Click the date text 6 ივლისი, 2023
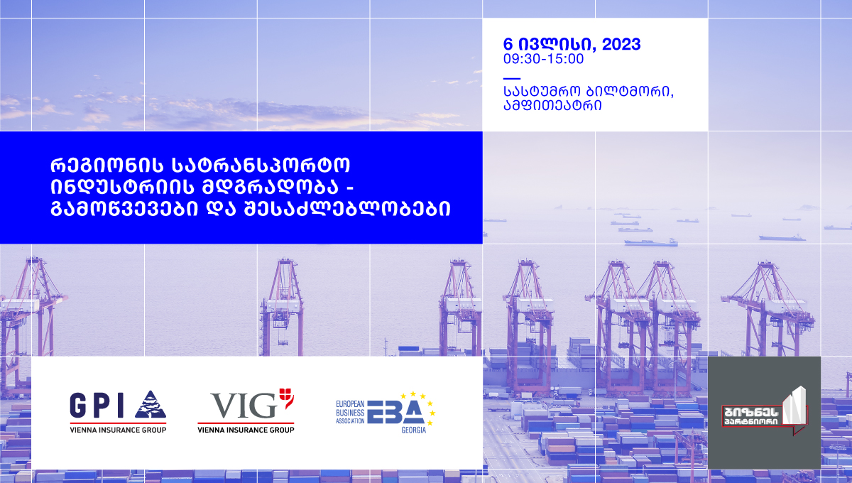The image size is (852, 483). point(572,45)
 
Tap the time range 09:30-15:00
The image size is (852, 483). point(543,59)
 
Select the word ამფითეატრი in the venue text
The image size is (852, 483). point(552,105)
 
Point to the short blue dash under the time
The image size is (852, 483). point(512,78)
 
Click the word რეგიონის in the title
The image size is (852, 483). point(107,165)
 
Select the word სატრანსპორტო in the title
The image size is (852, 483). point(261,165)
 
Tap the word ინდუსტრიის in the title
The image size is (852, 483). point(122,187)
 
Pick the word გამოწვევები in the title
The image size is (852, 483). point(124,209)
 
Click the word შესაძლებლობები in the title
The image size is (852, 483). point(348,209)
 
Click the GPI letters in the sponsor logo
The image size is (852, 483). point(97,406)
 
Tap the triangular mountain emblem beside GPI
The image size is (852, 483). point(151,404)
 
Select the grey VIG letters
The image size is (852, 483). point(244,406)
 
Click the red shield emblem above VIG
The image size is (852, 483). point(286,398)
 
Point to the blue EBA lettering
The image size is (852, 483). point(395,412)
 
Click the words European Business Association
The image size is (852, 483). point(350,412)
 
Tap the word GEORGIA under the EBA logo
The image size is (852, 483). point(413,430)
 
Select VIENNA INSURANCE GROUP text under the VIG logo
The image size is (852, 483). point(246,430)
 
